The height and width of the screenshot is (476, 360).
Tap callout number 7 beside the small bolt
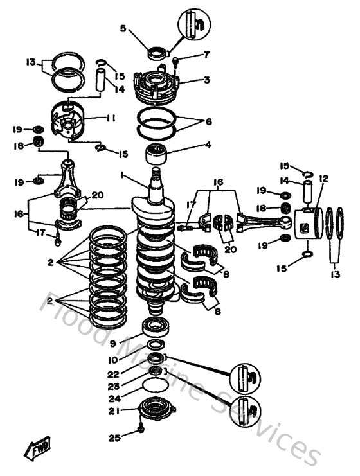tap(206, 55)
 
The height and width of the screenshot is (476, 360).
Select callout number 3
tap(207, 81)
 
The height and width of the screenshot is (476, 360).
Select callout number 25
tap(114, 438)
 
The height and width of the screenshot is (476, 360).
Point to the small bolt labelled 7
tap(175, 62)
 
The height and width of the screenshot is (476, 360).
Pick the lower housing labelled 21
tap(155, 409)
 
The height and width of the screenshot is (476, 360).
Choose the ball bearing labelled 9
tap(155, 325)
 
